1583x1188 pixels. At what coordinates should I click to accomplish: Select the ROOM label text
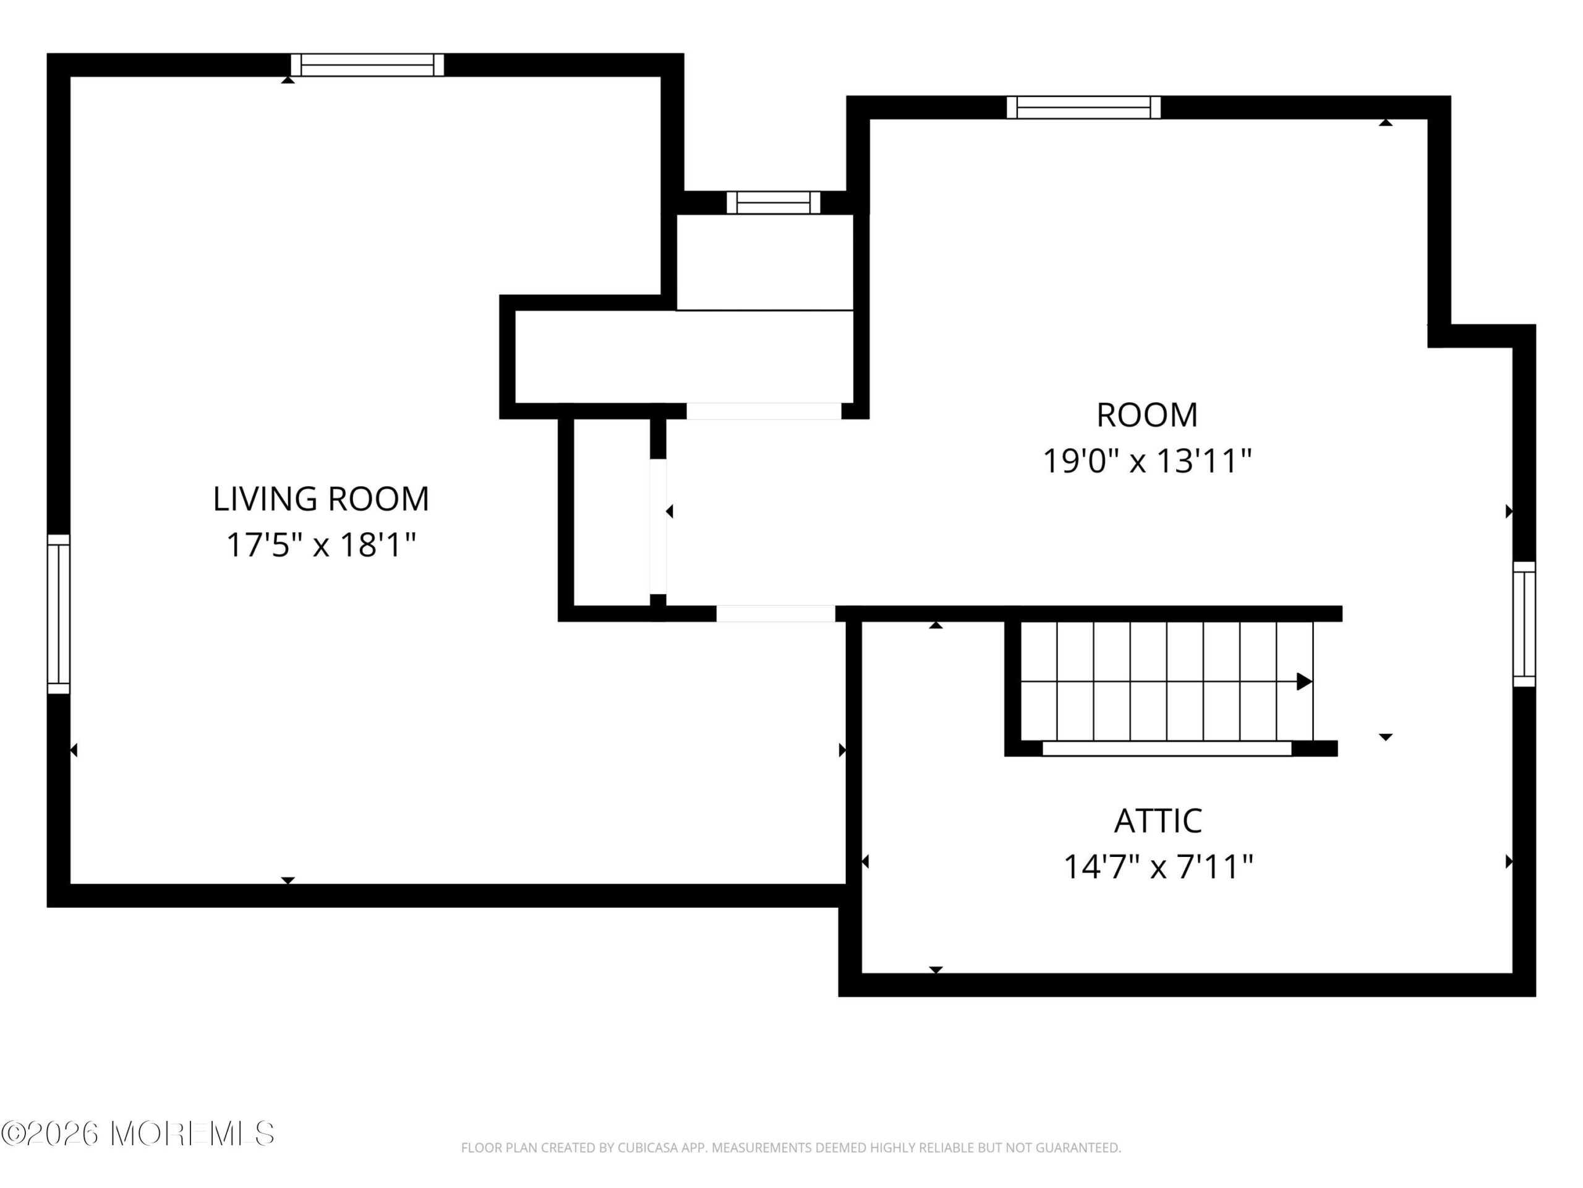tap(1147, 415)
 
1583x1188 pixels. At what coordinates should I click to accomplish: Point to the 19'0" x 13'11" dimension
tap(1147, 461)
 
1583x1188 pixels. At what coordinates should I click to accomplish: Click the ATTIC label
tap(1158, 821)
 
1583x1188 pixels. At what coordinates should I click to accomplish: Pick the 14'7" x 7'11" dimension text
tap(1158, 867)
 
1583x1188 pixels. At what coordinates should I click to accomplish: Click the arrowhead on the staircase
tap(1305, 682)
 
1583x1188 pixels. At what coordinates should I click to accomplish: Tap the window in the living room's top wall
tap(367, 65)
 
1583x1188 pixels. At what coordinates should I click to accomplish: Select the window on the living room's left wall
tap(59, 614)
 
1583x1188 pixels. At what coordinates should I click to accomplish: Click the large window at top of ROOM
tap(1083, 108)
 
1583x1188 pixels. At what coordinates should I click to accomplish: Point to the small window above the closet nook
tap(774, 203)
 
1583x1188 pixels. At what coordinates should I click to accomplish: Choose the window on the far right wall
tap(1524, 624)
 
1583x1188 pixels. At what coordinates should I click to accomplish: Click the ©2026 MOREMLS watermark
tap(137, 1134)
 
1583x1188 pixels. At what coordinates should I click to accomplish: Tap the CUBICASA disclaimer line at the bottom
tap(791, 1148)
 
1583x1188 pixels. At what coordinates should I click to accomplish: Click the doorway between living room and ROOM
tap(776, 614)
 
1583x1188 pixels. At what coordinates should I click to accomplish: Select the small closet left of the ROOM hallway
tap(612, 512)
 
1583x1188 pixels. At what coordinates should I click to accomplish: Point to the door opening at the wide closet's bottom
tap(764, 411)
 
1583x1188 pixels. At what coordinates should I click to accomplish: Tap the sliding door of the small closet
tap(659, 527)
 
